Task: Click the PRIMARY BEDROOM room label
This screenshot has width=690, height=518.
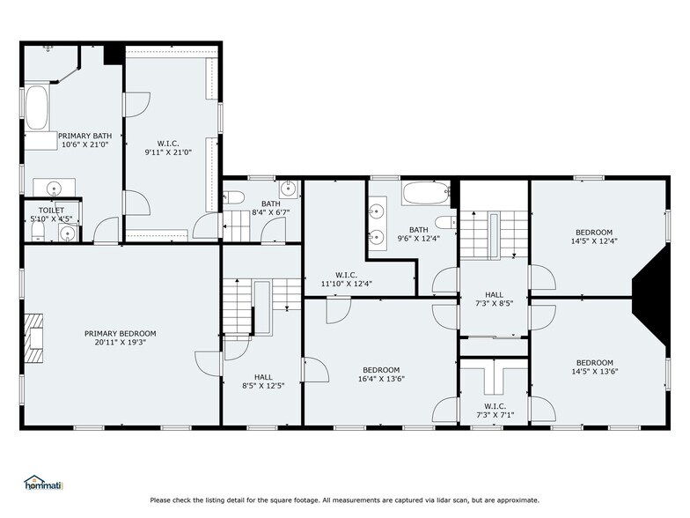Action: (120, 333)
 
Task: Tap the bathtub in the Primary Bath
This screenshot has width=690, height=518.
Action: (37, 107)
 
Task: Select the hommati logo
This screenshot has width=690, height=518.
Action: (44, 483)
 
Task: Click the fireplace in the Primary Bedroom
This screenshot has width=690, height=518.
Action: (33, 338)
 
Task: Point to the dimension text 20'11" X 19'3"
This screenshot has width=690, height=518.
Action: (120, 342)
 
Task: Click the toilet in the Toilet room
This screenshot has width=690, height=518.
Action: (39, 231)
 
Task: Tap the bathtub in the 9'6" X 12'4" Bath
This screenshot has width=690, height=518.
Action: (426, 193)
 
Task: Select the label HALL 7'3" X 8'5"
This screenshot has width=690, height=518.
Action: (495, 299)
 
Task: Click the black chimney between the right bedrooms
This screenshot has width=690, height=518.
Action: (651, 295)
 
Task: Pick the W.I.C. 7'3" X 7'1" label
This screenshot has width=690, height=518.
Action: (495, 411)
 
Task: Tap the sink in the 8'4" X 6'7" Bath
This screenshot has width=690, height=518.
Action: (289, 189)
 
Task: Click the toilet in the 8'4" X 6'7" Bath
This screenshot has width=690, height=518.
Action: (234, 197)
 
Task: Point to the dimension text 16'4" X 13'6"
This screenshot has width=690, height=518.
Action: (381, 379)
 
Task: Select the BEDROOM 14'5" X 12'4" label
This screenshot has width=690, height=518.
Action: (594, 236)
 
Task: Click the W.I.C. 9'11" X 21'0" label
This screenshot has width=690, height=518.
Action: (168, 148)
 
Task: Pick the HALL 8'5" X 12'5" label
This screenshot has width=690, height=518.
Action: (263, 381)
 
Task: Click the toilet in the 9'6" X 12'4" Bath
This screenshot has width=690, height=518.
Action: (446, 222)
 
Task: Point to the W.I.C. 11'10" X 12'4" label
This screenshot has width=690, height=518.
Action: (347, 279)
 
